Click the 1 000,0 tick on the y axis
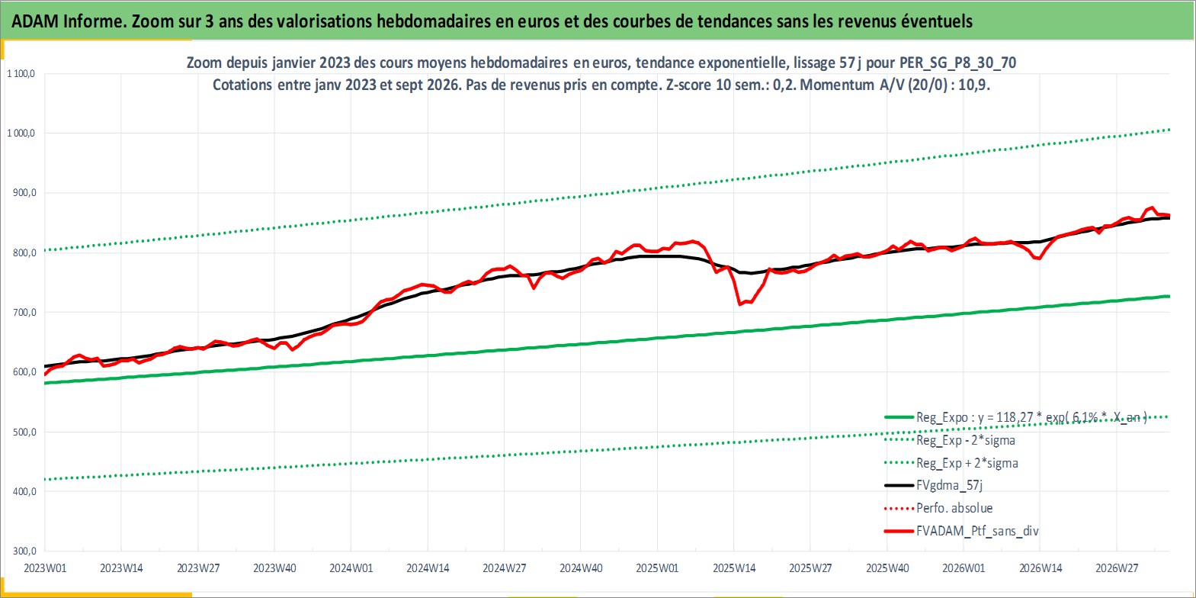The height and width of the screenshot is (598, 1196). point(21,133)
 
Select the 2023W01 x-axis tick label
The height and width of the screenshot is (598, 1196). point(45,568)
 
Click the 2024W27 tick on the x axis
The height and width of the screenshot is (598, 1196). point(504,568)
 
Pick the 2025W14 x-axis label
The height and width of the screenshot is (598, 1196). point(734,568)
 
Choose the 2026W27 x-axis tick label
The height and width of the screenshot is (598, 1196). point(1117,568)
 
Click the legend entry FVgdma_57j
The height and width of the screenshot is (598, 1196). point(934,485)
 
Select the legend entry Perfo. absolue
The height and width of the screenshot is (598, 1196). point(938,508)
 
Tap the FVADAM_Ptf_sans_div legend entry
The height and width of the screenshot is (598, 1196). point(962,531)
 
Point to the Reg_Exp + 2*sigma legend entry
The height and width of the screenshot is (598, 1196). point(951,463)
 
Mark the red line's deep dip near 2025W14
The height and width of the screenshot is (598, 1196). point(740,304)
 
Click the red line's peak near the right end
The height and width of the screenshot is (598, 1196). point(1152,207)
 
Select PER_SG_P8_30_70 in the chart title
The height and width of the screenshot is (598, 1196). point(957,63)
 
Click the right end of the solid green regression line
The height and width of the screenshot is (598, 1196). point(1169,296)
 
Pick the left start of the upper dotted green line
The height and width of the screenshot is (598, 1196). point(45,250)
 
